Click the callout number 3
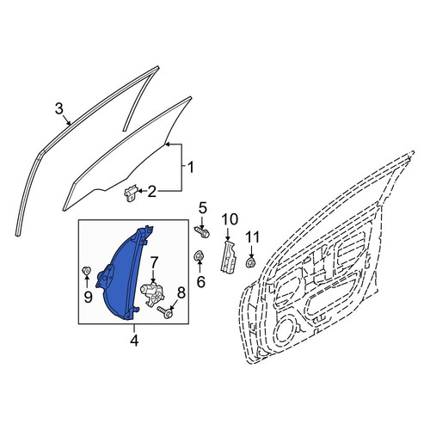[58, 109]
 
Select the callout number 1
[190, 167]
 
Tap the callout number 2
[151, 191]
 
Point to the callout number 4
[134, 341]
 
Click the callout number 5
[202, 208]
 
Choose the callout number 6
[200, 282]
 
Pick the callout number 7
[154, 263]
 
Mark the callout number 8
[181, 293]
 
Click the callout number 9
[88, 297]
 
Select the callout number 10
[230, 219]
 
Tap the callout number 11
[253, 237]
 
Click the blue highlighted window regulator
[123, 275]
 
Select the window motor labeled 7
[152, 295]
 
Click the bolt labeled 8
[165, 312]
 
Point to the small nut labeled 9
[86, 270]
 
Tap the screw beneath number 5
[202, 231]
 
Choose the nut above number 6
[199, 255]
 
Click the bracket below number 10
[228, 256]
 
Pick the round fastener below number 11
[251, 262]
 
